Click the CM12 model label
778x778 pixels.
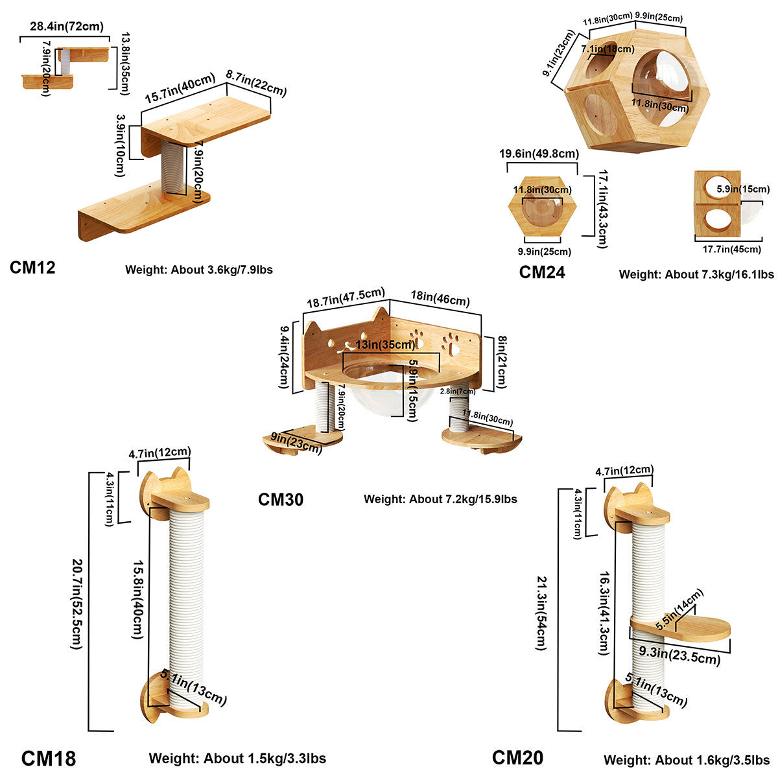32,267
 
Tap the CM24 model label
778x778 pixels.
542,272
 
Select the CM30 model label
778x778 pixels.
281,499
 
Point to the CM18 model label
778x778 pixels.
49,758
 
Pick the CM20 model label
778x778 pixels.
517,757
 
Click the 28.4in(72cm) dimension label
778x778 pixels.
66,27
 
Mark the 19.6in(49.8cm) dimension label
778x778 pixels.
539,154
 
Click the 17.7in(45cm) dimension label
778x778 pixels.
731,250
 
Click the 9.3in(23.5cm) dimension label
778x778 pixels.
679,654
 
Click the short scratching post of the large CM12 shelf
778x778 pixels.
173,167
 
